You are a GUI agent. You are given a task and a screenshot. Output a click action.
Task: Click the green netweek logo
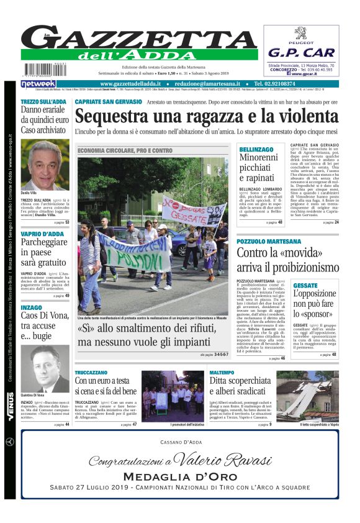[x=38, y=84]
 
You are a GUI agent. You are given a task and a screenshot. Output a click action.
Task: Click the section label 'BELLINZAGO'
[x=256, y=150]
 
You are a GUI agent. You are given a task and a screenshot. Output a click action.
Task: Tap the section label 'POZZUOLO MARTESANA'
[x=269, y=241]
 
